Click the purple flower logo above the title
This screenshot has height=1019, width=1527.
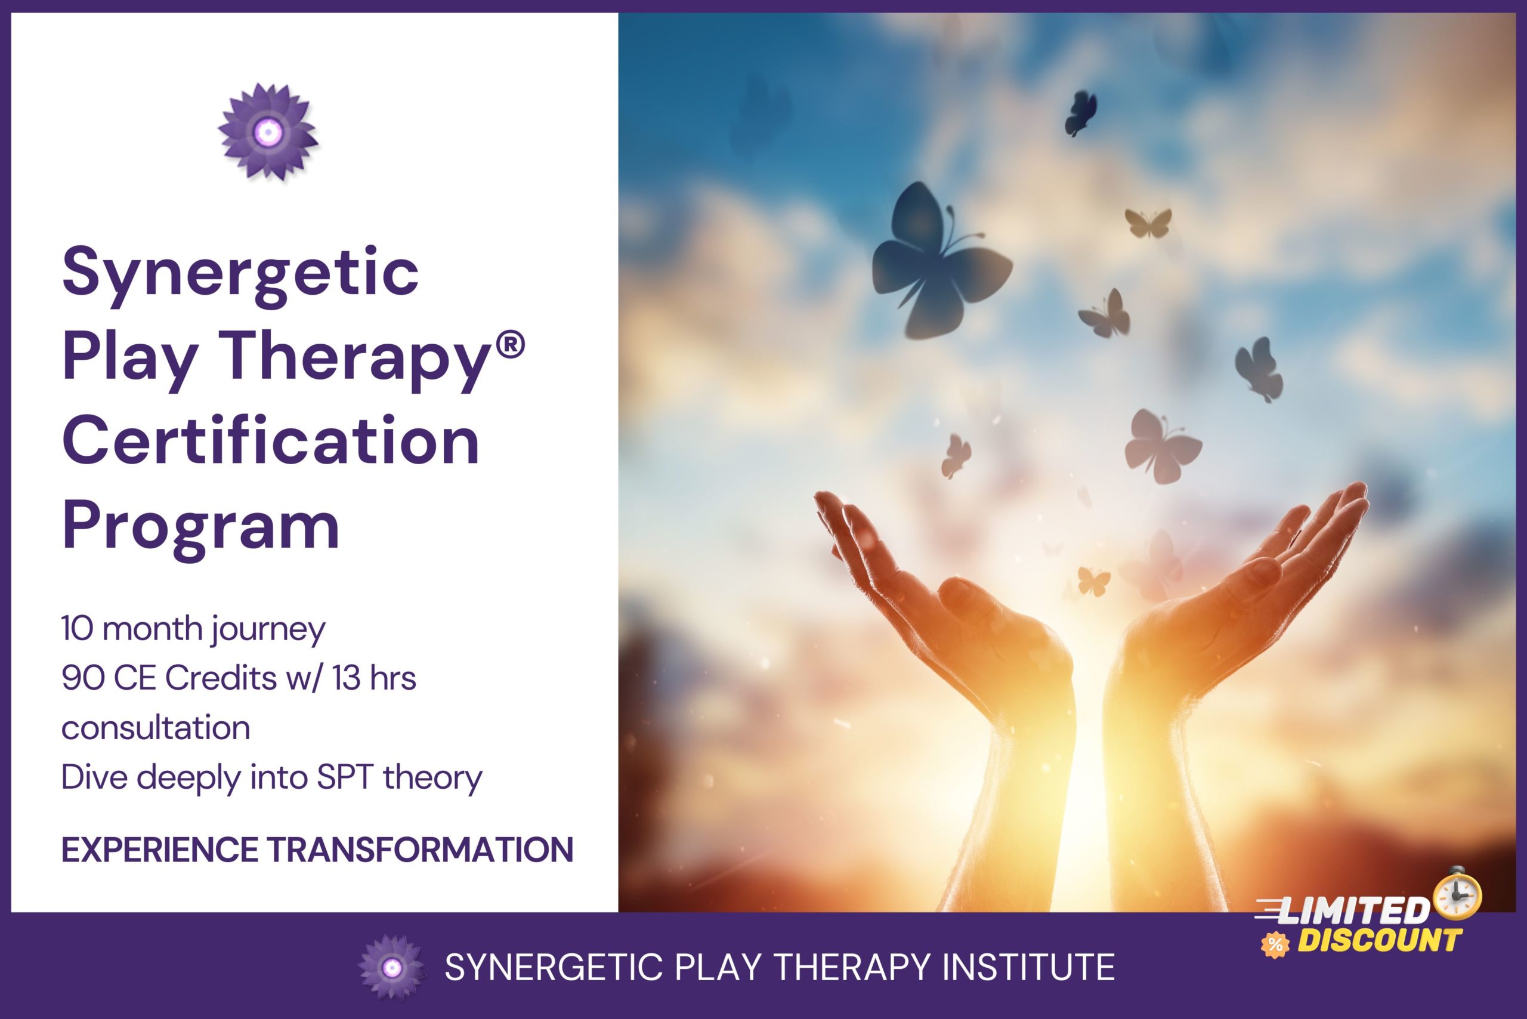click(x=268, y=132)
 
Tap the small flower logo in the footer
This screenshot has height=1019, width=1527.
click(x=391, y=967)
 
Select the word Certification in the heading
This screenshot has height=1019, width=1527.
click(x=270, y=442)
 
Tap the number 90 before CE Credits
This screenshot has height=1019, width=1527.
click(x=82, y=678)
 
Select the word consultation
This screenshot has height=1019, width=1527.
click(x=155, y=728)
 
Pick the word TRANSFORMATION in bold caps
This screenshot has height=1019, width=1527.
click(x=421, y=850)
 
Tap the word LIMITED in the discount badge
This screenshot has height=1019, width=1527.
click(x=1353, y=912)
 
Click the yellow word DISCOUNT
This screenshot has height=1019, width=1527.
click(x=1379, y=941)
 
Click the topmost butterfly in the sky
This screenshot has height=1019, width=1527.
click(x=1080, y=112)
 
